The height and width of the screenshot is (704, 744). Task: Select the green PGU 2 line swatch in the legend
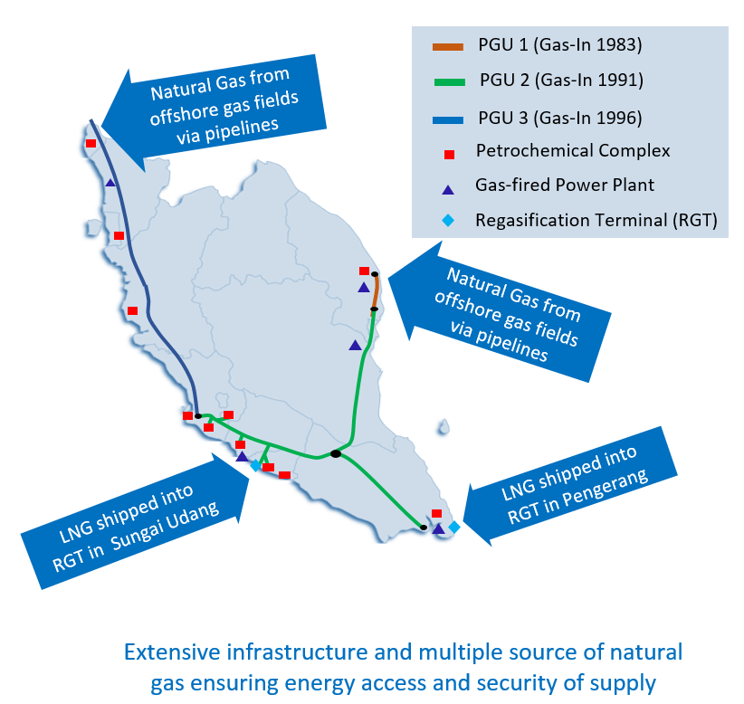point(448,81)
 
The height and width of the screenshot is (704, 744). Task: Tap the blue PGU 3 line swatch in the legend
point(448,118)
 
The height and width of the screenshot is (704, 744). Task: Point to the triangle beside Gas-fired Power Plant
point(448,187)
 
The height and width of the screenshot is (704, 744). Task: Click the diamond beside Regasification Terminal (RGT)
point(449,221)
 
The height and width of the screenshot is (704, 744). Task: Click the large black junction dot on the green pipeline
point(336,453)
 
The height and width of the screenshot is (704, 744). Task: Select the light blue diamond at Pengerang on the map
point(454,527)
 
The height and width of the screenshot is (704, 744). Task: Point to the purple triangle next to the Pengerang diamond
point(439,528)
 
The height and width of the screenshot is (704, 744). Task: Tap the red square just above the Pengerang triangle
point(436,514)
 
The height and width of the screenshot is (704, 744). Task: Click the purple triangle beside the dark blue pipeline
point(110,182)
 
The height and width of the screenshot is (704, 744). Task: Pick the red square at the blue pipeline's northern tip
point(91,143)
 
